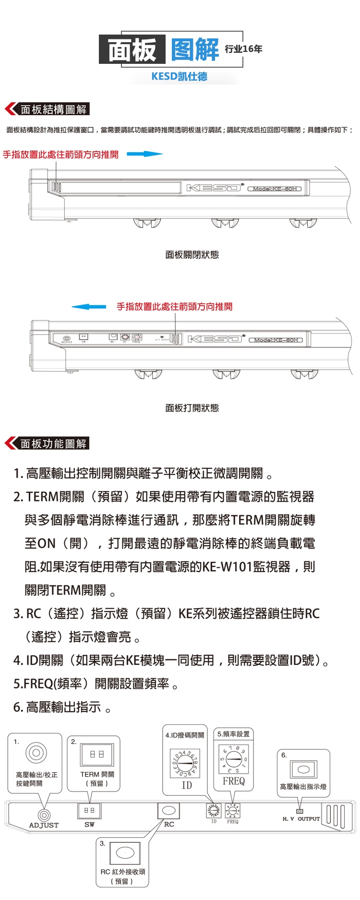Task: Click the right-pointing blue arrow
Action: coord(145,154)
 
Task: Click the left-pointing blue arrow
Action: coord(89,307)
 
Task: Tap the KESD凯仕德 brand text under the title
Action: coord(179,76)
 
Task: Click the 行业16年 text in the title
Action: coord(243,49)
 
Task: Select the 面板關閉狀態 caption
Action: coord(192,255)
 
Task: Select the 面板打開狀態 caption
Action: coord(192,408)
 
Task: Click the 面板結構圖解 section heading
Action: coord(53,109)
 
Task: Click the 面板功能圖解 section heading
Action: coord(53,444)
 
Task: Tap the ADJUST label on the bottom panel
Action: coord(44,825)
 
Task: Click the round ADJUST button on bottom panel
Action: coord(44,815)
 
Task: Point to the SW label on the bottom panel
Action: coord(89,824)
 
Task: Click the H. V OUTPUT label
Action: coord(301,819)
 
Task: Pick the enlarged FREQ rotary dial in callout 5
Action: coord(234,759)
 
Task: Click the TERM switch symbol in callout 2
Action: coord(97,755)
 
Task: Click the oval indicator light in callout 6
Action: coord(303,769)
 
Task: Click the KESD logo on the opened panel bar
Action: coord(215,339)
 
